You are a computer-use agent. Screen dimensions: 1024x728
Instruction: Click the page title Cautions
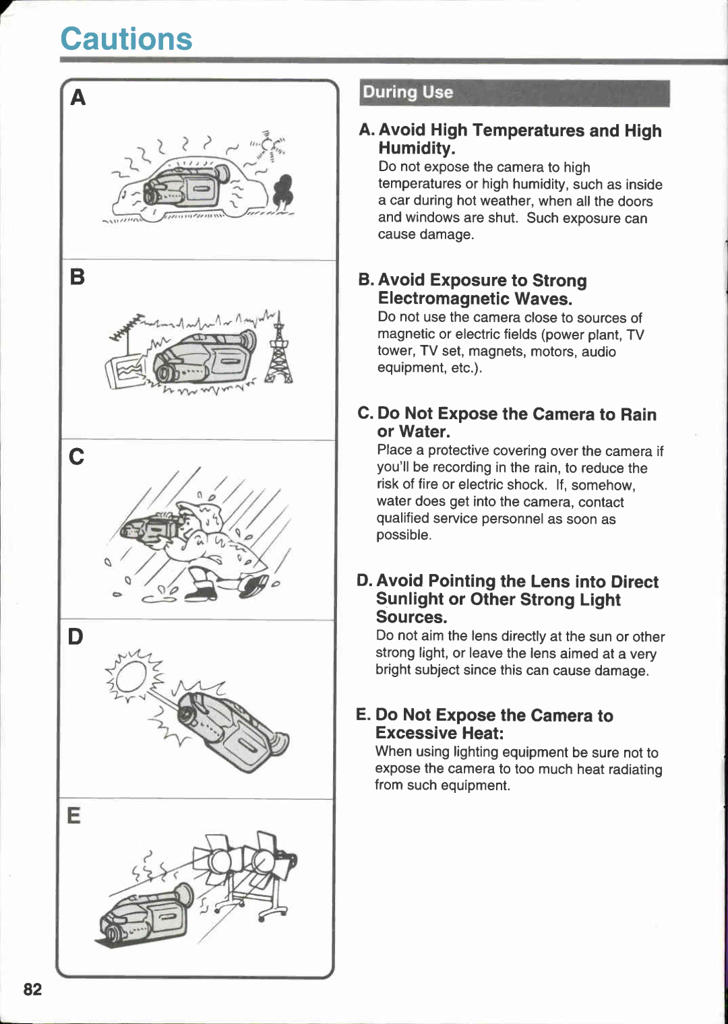click(126, 39)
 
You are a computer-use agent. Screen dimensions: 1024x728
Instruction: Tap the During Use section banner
click(514, 93)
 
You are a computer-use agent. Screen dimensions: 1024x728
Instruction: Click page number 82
click(32, 989)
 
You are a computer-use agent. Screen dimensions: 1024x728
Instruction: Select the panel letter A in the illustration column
click(78, 98)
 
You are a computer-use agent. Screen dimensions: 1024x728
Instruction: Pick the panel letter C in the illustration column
click(77, 457)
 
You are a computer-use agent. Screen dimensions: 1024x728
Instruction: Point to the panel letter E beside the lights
click(74, 816)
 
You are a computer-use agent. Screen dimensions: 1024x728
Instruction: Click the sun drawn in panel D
click(128, 676)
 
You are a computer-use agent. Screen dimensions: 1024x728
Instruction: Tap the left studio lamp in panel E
click(217, 860)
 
